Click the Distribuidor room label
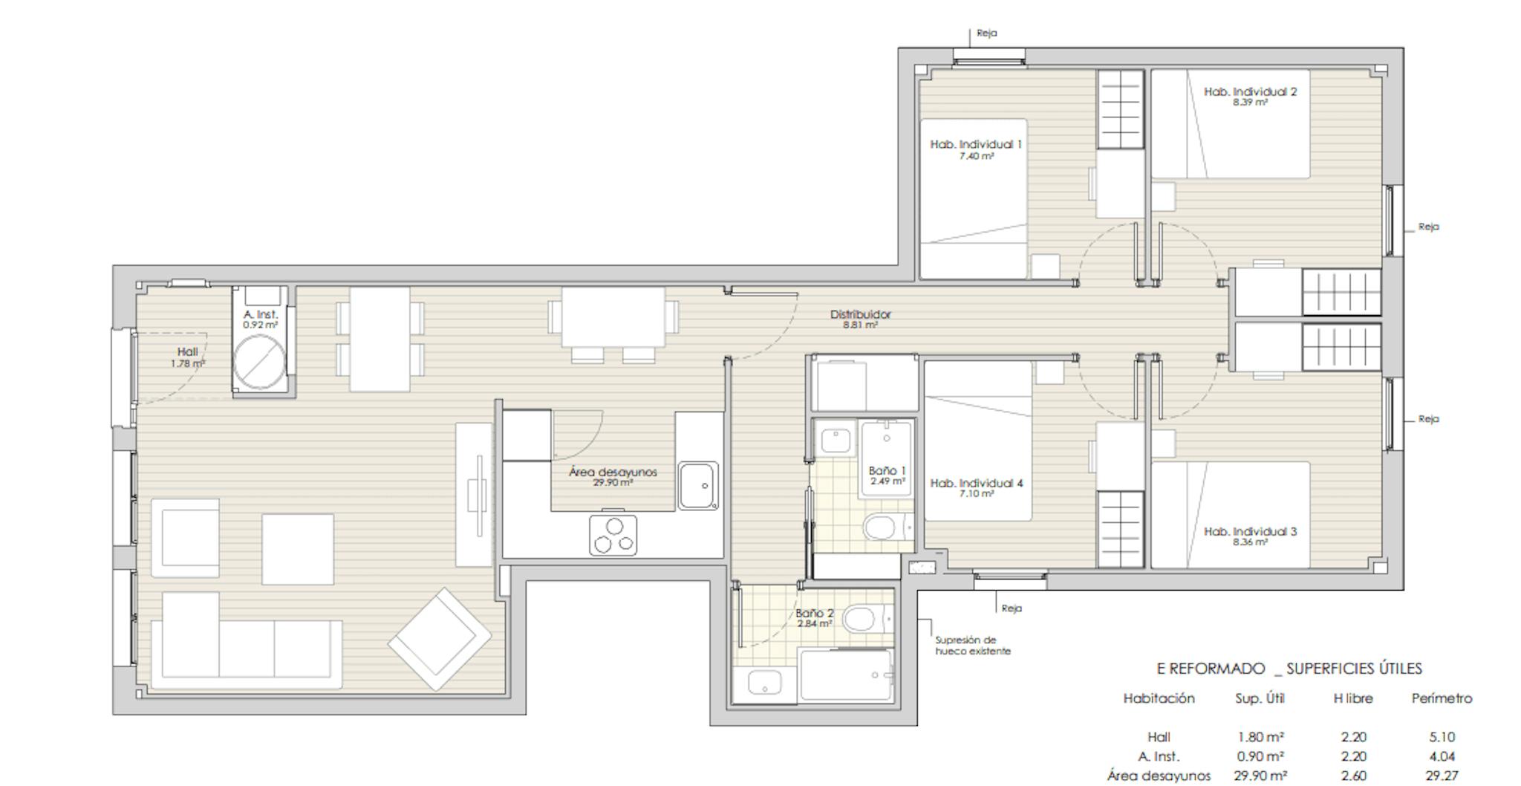(860, 314)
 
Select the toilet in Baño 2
(862, 618)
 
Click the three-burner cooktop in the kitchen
(613, 535)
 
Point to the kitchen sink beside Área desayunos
(697, 485)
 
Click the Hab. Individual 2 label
(1250, 91)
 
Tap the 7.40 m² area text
(976, 157)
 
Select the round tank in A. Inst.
(259, 362)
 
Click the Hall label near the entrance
(187, 351)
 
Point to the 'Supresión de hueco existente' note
(972, 645)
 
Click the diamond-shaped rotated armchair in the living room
(440, 638)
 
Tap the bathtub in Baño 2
(845, 675)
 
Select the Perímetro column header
(1441, 698)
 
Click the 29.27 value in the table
(1441, 776)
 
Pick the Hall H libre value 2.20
(1353, 737)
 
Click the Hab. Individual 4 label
(976, 483)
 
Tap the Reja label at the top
(986, 33)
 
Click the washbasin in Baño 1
(836, 441)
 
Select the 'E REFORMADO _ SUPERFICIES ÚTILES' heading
(1289, 669)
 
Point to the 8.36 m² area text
(1250, 542)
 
